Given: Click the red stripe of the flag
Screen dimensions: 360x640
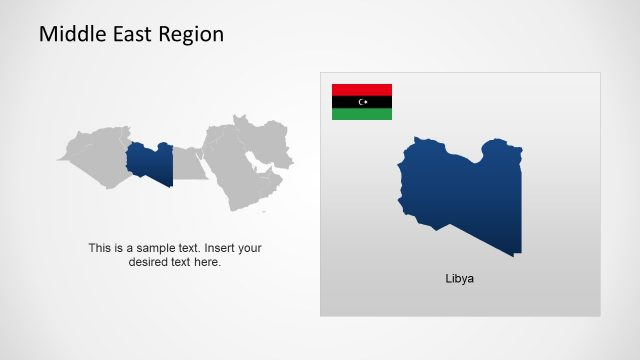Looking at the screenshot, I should tap(362, 89).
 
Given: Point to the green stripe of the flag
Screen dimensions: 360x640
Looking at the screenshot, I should tap(362, 114).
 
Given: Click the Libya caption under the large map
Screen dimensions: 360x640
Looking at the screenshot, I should tap(460, 279).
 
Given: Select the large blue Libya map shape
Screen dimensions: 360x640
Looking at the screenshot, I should tap(460, 195).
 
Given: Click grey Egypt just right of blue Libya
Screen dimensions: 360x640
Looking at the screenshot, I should tap(187, 163).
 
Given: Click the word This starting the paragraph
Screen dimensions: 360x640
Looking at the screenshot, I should tap(99, 248).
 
